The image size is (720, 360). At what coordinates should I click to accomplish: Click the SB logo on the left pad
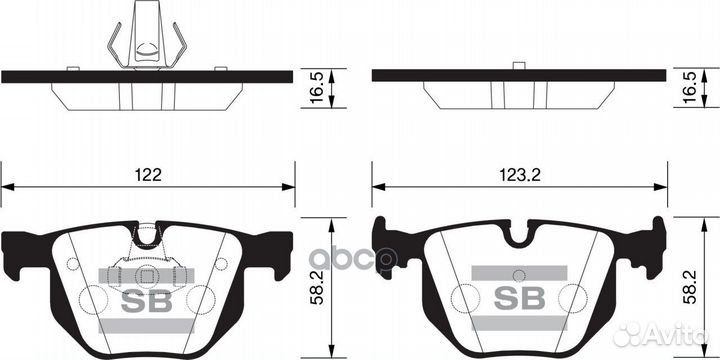pyautogui.click(x=147, y=300)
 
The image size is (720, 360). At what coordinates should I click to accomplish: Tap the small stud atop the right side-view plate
pyautogui.click(x=518, y=66)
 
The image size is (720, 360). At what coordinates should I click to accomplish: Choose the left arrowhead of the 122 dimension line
pyautogui.click(x=7, y=186)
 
